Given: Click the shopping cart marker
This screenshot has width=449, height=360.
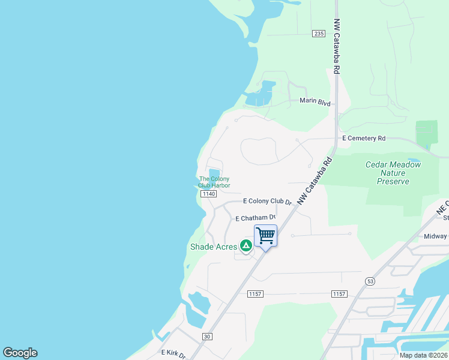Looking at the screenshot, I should coord(265,236).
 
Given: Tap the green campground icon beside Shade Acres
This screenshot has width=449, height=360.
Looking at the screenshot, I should coord(246,245).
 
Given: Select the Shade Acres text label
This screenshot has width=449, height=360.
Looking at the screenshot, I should coord(214,247).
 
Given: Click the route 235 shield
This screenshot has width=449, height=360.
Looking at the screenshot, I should coord(319,34).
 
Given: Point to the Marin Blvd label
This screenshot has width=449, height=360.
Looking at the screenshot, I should coord(315,101).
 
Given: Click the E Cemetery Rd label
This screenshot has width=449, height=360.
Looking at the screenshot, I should coord(364,138).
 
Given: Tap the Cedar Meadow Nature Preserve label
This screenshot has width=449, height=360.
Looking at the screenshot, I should coord(394,173).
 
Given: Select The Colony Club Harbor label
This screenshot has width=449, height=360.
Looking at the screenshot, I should coord(214,182).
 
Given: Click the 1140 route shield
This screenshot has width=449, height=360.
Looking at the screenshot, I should coord(208,194).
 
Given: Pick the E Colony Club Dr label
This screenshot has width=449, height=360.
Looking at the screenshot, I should coord(267,202).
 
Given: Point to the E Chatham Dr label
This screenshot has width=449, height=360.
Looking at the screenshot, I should coord(255,218).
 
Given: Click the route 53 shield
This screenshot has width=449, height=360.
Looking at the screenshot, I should coord(369,281).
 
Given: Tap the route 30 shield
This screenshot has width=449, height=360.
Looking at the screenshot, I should coord(207,337).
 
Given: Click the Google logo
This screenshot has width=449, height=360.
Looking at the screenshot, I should coord(20,353).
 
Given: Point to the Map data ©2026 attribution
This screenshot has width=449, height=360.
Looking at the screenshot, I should coord(423,355).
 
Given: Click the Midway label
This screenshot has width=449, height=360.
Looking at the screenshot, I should coord(436,236).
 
